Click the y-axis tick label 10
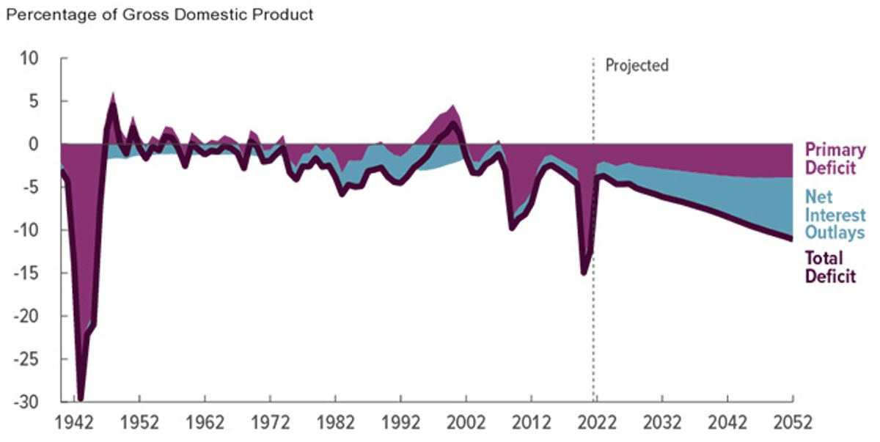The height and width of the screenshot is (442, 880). tap(29, 59)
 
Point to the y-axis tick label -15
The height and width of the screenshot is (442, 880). tap(26, 273)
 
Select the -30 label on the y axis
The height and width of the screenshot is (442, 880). tap(26, 402)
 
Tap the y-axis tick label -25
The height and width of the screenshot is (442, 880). tap(26, 359)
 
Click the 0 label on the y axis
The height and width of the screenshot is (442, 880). tap(34, 144)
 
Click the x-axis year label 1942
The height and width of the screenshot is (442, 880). tap(74, 423)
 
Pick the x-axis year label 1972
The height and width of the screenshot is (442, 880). tap(271, 423)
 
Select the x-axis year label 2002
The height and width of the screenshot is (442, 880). tap(466, 423)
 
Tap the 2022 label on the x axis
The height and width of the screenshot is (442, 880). tap(597, 423)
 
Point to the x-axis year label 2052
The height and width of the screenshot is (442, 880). tap(793, 423)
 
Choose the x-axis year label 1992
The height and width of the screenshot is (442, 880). tap(400, 423)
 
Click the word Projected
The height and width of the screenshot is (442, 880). tap(637, 65)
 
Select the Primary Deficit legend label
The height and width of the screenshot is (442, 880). tap(835, 158)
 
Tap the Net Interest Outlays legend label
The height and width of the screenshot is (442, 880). tap(835, 215)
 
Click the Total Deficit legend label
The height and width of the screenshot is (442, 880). tap(830, 268)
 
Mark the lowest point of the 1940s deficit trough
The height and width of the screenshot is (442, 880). tap(81, 399)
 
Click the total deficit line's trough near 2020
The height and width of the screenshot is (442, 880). tap(584, 273)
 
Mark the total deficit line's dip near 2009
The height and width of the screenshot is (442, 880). tap(512, 228)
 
